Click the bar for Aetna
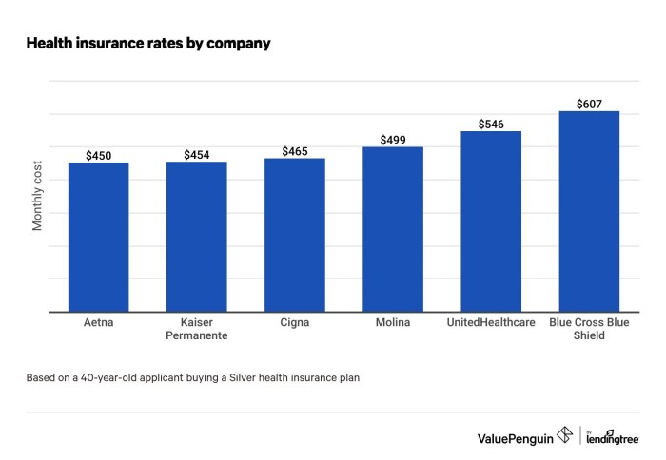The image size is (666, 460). coord(98,237)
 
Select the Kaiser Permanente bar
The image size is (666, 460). coord(196,237)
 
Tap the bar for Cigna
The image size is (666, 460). coord(294,235)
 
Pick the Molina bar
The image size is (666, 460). coord(392,229)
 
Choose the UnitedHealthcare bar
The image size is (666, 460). coord(491,221)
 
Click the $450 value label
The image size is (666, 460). coord(98,155)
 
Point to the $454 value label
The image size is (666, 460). coord(196,154)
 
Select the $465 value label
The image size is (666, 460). coord(294,150)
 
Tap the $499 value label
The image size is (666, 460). coord(392,140)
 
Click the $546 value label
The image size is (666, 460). coord(491,124)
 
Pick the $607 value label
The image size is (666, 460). coord(589,104)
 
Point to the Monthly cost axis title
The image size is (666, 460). coord(39,196)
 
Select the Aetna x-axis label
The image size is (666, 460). coord(98,323)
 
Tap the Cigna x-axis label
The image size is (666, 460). coord(294,323)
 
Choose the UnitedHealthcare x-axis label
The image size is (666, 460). coord(491,323)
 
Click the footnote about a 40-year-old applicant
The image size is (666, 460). coord(193,377)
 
